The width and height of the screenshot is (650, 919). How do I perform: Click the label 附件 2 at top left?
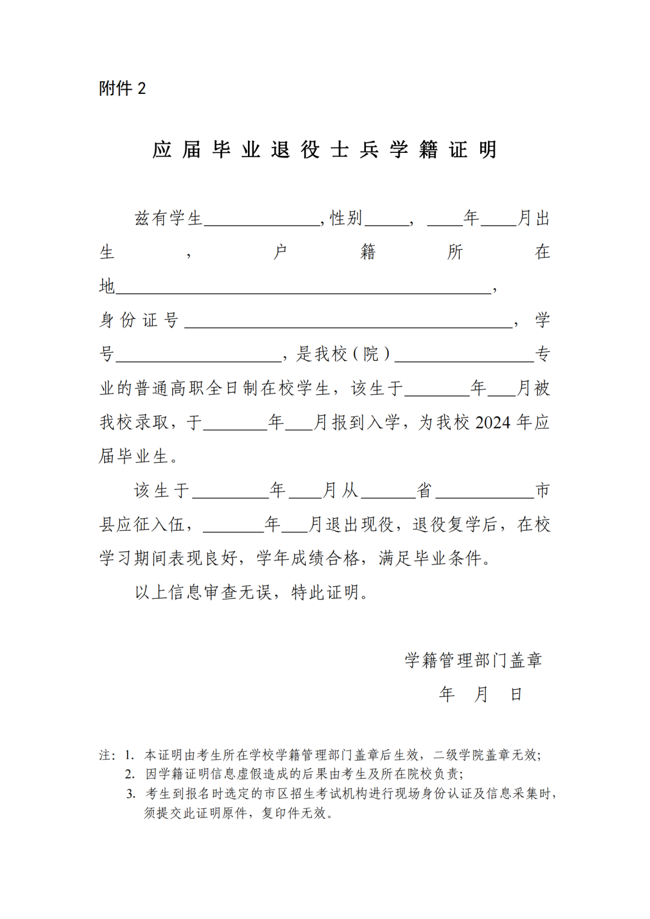click(x=122, y=88)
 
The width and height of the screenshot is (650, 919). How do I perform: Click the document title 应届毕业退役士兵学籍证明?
click(x=324, y=149)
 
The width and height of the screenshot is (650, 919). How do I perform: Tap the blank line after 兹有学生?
click(x=262, y=224)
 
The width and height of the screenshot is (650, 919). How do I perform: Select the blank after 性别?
click(x=386, y=224)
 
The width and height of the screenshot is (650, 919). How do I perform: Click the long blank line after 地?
click(x=303, y=292)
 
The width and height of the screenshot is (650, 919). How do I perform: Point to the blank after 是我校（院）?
click(x=463, y=360)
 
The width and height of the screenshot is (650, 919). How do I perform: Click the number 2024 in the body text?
click(x=492, y=422)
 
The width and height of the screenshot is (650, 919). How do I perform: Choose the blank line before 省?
click(x=388, y=497)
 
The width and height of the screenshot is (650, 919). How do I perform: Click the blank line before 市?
click(x=484, y=497)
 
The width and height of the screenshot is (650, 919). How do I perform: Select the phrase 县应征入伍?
click(x=142, y=525)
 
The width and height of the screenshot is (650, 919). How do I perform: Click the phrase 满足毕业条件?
click(x=431, y=559)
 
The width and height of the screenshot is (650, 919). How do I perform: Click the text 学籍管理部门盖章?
click(x=473, y=660)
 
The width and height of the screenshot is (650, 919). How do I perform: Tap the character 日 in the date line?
click(x=516, y=695)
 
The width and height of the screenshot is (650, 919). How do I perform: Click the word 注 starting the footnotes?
click(x=105, y=755)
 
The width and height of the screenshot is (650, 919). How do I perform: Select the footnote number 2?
click(x=129, y=774)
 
